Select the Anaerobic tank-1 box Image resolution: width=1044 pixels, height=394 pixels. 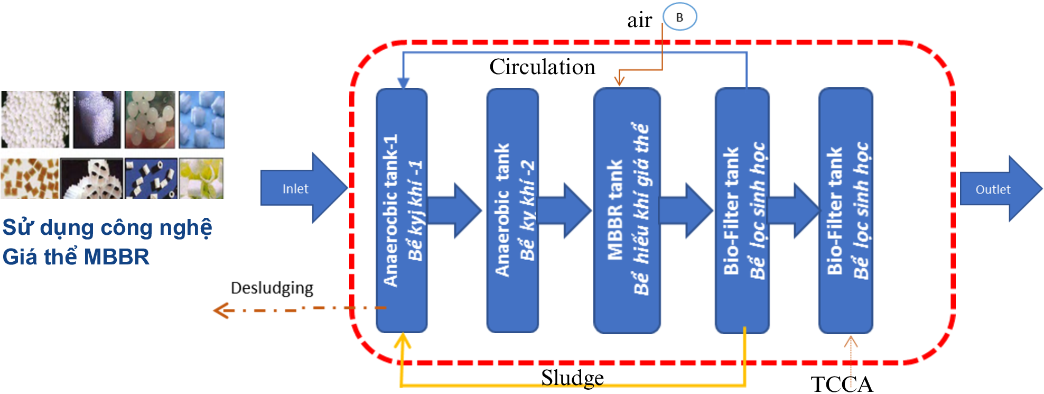coord(402,210)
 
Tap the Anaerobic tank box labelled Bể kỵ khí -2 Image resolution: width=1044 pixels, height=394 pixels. coord(512,210)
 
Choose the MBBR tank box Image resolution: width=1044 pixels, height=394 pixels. coord(627,210)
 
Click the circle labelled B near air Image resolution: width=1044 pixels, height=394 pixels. coord(679,17)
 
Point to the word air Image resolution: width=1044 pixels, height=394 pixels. coord(639,21)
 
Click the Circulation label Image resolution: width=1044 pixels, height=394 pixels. coord(542,67)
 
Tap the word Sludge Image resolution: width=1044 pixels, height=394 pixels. coord(572,378)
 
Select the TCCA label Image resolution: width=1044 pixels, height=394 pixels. coord(842,384)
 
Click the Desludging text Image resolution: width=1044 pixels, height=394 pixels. coord(272,288)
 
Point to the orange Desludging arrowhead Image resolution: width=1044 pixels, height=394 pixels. coord(219,310)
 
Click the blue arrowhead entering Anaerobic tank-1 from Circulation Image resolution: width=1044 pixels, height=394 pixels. coord(403,84)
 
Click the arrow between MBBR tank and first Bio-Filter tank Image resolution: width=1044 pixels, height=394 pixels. coord(686,210)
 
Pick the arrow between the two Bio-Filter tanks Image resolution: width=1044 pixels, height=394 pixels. coord(794,210)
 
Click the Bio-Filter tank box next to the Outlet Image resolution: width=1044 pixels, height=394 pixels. coord(845,210)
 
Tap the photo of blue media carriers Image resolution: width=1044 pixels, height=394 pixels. coord(202,120)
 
